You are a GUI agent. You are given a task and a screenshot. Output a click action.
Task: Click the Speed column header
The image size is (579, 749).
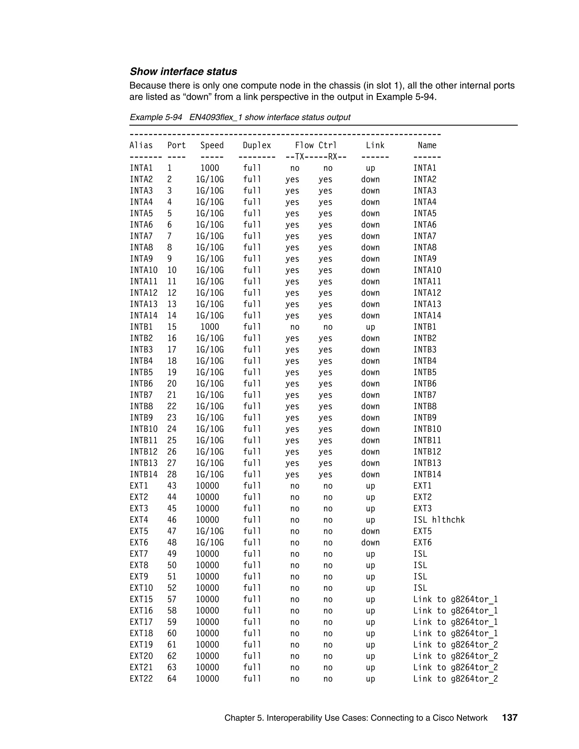(212, 145)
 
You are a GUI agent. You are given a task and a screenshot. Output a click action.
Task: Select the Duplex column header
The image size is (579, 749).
(257, 145)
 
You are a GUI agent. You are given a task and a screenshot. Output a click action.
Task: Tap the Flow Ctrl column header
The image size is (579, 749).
(316, 145)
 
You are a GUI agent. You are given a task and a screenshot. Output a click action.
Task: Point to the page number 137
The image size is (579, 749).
(509, 718)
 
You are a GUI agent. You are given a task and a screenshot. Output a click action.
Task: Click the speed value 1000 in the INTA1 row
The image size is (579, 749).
(209, 168)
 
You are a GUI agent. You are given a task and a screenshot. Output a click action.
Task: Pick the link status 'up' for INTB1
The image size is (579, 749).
(370, 327)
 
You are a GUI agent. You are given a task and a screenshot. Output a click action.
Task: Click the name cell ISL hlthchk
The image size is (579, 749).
(439, 520)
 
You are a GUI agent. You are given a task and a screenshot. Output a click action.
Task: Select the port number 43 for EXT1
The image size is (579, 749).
(172, 486)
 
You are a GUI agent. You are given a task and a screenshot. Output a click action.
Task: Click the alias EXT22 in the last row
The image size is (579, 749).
(141, 679)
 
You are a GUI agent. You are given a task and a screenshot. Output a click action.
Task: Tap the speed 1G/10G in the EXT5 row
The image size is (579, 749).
(209, 531)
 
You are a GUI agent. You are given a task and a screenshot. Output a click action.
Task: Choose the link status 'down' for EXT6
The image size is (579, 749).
(370, 543)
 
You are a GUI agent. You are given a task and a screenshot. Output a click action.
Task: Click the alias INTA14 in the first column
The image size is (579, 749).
(143, 315)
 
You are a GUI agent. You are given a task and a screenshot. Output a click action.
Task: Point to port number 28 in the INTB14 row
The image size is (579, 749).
(172, 475)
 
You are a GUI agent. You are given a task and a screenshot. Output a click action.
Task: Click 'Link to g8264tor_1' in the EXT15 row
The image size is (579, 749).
(455, 599)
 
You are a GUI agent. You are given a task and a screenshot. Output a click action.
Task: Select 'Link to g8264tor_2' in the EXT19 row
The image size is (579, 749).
(455, 645)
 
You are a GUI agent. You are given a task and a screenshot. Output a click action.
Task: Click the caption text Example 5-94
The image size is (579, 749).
(156, 117)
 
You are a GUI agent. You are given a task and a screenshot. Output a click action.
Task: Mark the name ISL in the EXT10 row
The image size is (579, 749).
(420, 588)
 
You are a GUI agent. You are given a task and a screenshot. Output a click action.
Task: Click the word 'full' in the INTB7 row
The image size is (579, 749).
(252, 395)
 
